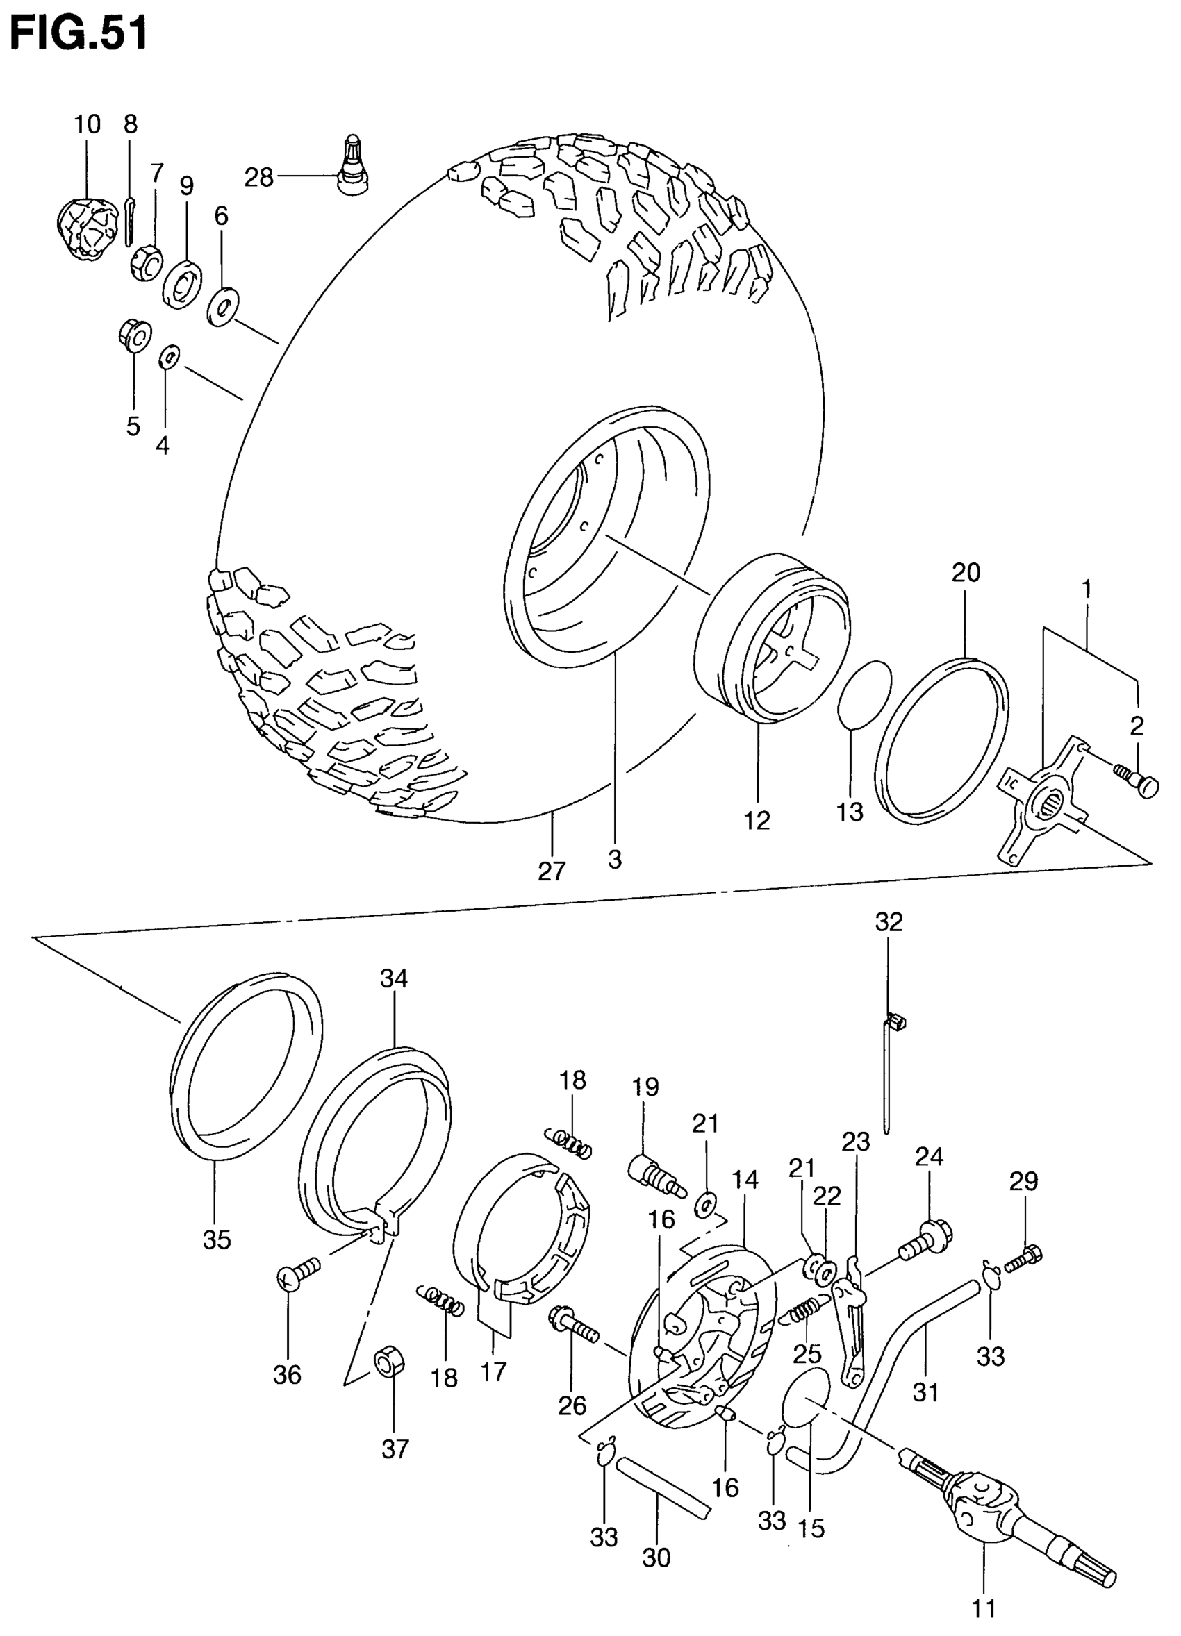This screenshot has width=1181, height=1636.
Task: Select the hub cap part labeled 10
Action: (86, 228)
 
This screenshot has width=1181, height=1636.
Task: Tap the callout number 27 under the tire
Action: (552, 871)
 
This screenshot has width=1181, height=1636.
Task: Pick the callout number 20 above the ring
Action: (966, 573)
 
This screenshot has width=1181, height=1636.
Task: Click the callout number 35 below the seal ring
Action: (217, 1239)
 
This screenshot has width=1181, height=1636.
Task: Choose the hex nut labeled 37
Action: (389, 1360)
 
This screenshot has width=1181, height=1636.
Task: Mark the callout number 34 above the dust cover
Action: (395, 979)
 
